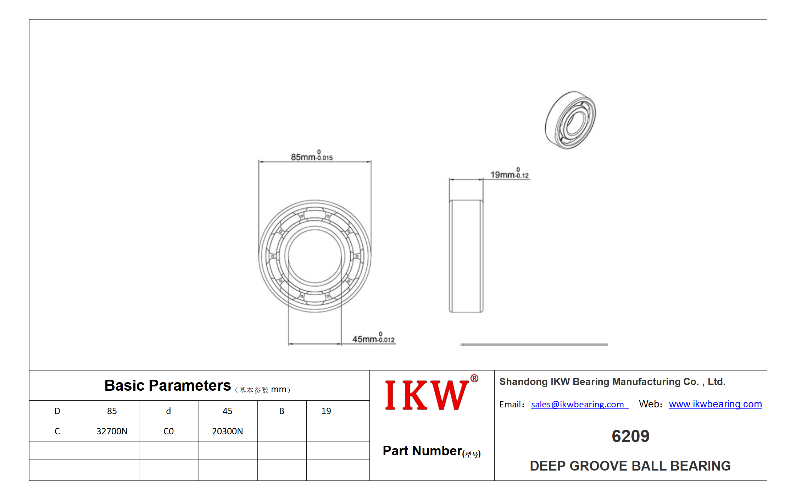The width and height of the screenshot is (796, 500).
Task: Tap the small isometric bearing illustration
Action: (570, 120)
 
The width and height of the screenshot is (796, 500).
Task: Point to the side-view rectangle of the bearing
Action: (466, 256)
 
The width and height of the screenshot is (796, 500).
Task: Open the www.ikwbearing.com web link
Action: (715, 404)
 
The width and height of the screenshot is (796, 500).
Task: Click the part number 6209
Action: (630, 436)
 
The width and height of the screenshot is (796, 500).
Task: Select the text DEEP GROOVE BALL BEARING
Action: (630, 466)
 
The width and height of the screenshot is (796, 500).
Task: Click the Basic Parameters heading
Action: (167, 385)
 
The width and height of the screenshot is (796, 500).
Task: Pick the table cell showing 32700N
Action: (112, 431)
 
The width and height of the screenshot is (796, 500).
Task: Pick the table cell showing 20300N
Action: (228, 431)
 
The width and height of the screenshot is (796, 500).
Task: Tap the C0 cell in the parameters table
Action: (168, 431)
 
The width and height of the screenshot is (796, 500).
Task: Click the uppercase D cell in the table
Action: (57, 411)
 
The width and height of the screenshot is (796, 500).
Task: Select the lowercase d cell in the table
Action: (168, 411)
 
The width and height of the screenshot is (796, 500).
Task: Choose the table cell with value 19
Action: (326, 411)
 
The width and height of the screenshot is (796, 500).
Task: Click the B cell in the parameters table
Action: (282, 411)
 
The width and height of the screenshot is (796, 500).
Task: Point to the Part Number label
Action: (432, 451)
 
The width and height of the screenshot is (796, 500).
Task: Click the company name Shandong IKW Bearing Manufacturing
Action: (612, 381)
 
